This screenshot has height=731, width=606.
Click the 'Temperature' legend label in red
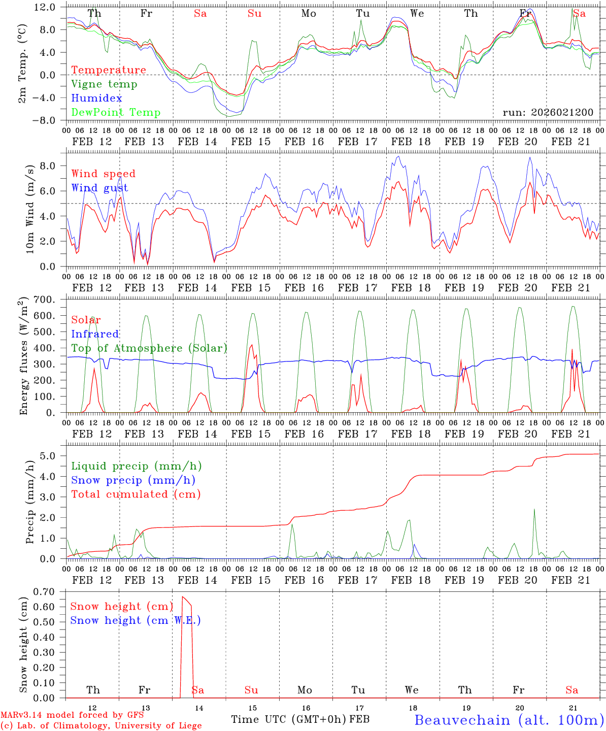click(x=109, y=70)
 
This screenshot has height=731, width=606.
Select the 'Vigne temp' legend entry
click(x=104, y=84)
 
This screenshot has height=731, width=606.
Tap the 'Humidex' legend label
click(x=96, y=98)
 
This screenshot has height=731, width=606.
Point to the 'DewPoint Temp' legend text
click(x=116, y=113)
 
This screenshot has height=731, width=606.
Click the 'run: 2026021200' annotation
click(x=548, y=113)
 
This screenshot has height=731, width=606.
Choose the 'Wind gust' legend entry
click(x=99, y=188)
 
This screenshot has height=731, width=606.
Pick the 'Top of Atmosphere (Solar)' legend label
click(x=149, y=348)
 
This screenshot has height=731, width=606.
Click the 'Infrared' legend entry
click(x=95, y=334)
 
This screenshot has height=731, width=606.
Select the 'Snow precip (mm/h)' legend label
click(x=133, y=480)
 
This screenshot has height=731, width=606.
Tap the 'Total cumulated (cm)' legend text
click(x=136, y=494)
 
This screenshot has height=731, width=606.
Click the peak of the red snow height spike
click(x=183, y=596)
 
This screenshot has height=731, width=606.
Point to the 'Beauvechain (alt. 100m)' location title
click(x=509, y=720)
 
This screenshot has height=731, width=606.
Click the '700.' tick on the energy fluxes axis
click(x=44, y=300)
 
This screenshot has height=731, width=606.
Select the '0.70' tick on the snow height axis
click(x=44, y=591)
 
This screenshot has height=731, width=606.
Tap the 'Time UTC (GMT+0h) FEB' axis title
click(x=300, y=719)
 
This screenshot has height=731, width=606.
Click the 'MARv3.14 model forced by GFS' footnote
click(x=72, y=715)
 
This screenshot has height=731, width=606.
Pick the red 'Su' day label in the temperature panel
click(x=254, y=14)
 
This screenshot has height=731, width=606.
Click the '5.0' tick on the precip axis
click(x=48, y=456)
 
